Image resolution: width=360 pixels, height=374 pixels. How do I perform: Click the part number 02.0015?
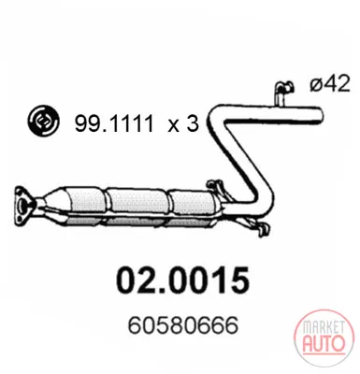(182, 280)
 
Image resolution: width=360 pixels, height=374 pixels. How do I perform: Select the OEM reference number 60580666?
(183, 325)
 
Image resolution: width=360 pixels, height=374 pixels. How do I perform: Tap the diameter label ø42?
(330, 83)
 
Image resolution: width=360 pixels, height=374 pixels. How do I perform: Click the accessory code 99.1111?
(114, 123)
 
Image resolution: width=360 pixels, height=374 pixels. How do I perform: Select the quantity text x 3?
(183, 123)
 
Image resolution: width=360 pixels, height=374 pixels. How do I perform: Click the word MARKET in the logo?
(324, 328)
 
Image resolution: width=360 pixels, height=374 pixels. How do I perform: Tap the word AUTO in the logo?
(324, 342)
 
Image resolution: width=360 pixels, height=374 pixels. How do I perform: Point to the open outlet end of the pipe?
(319, 114)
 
